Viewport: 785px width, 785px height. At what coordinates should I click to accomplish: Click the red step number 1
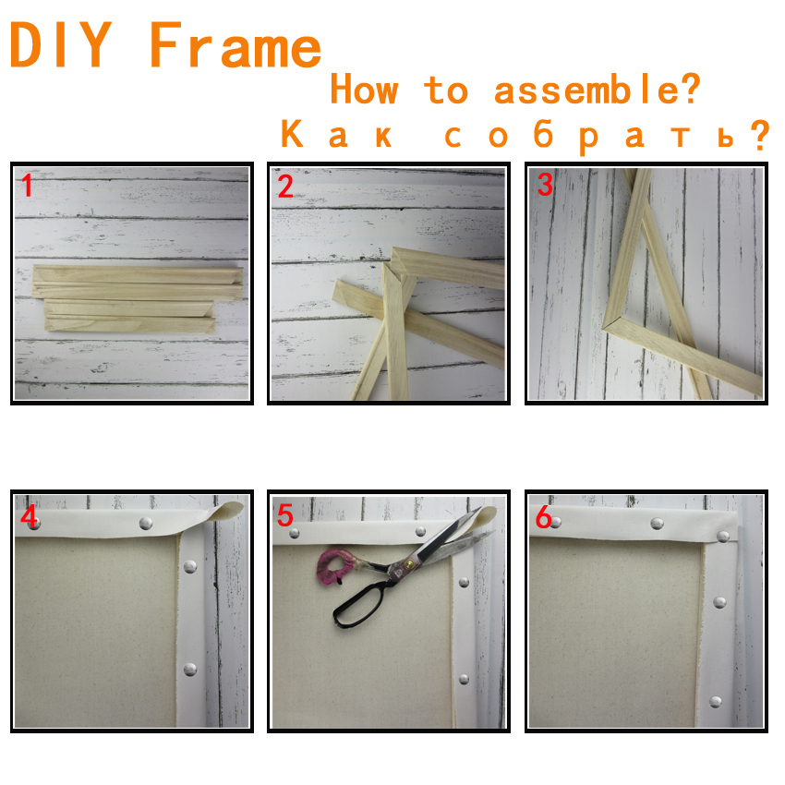click(27, 186)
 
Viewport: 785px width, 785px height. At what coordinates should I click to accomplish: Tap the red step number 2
click(285, 186)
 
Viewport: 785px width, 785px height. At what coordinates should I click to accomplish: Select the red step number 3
click(545, 184)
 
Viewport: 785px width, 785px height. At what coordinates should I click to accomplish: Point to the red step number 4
click(29, 516)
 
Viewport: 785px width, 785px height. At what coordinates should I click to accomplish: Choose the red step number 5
click(284, 515)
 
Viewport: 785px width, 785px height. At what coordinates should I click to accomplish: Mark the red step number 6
click(544, 516)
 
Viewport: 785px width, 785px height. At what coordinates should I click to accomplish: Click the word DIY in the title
click(61, 44)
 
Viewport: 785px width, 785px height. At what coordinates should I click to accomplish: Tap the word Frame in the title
click(235, 44)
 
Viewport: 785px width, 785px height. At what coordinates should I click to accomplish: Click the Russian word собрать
click(607, 135)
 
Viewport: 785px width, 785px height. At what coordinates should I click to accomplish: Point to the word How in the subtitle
click(364, 89)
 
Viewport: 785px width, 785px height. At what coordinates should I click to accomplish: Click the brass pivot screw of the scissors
click(409, 564)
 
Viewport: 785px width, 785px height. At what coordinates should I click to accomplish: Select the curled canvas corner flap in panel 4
click(223, 511)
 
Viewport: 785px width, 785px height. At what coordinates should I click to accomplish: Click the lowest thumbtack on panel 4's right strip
click(189, 670)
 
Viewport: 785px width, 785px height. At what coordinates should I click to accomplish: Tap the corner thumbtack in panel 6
click(722, 537)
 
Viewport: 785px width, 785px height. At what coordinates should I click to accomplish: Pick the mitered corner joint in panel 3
click(608, 324)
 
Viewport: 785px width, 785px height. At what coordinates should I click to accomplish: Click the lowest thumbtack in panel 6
click(716, 702)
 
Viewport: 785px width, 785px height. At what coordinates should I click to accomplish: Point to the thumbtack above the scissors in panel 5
click(420, 531)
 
